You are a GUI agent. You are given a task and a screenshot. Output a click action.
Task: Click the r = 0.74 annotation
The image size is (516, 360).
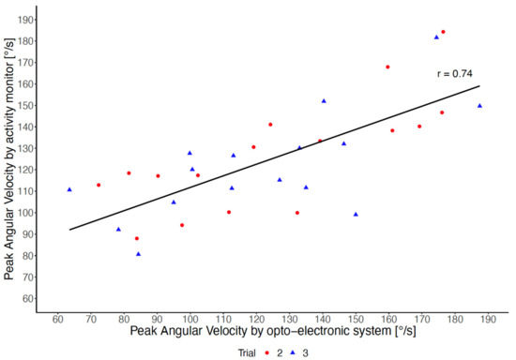coord(455,73)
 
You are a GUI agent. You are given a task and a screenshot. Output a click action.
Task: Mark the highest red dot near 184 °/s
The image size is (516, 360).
coord(444,32)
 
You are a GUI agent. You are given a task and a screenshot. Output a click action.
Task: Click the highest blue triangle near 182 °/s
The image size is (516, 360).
coord(436,37)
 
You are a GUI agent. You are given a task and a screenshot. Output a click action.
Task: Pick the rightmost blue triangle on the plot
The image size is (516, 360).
coord(479,106)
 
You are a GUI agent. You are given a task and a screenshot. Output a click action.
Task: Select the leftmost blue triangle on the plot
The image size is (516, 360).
coord(69,189)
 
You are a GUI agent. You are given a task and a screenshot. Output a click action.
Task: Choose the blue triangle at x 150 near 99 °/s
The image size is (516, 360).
coord(356,215)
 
